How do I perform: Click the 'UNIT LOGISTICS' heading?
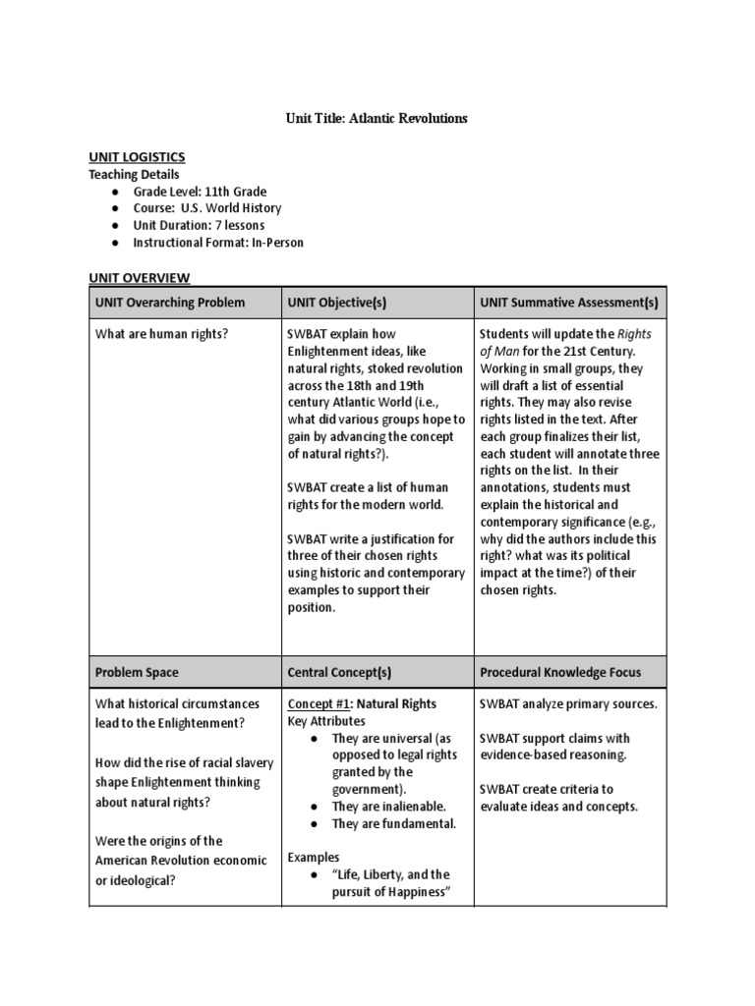(x=137, y=157)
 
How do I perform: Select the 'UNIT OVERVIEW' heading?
(x=140, y=279)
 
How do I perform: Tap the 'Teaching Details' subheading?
(x=134, y=175)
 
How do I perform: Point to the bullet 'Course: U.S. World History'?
(x=207, y=208)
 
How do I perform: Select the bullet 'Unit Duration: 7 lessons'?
(x=199, y=225)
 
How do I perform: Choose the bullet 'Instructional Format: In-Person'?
(x=218, y=242)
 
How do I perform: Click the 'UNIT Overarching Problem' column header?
(x=170, y=303)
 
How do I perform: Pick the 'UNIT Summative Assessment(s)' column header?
(x=569, y=303)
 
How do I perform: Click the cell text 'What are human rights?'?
(x=161, y=334)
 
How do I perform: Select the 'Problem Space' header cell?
(x=137, y=673)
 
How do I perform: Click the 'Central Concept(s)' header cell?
(x=339, y=673)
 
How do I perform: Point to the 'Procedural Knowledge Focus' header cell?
(x=560, y=673)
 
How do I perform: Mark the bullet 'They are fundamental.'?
(x=394, y=823)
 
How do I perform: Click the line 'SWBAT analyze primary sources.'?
(x=568, y=704)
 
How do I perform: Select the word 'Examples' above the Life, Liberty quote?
(x=314, y=858)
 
